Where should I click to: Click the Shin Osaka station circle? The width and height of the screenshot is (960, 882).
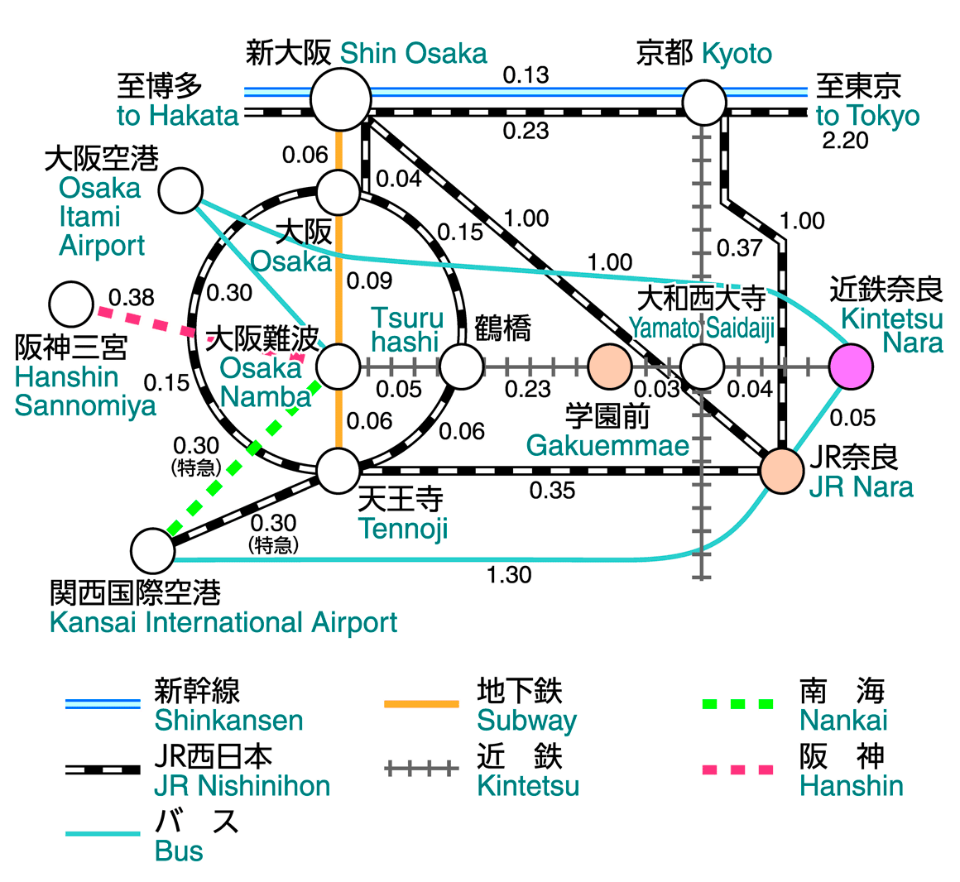341,99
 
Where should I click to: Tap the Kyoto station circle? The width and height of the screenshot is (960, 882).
704,103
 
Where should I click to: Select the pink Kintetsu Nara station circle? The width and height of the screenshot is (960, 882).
851,366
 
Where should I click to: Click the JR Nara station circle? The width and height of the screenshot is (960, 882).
782,471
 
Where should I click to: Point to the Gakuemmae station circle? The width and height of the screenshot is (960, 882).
610,367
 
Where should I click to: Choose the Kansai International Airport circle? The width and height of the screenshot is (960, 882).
153,551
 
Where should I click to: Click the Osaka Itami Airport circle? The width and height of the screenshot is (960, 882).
180,190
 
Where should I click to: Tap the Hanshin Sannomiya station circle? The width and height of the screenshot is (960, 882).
71,304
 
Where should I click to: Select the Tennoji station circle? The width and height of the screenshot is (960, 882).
338,470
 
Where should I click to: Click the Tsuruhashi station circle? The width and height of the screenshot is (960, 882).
461,366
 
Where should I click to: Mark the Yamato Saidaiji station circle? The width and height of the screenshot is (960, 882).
702,366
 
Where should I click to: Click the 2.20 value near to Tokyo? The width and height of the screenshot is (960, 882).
845,141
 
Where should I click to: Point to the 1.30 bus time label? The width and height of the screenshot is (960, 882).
509,574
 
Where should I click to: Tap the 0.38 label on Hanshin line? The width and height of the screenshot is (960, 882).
131,297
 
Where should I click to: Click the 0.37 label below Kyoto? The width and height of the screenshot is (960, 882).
739,247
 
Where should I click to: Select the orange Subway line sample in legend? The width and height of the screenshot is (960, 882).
421,704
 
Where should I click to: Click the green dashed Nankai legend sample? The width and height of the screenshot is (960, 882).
737,704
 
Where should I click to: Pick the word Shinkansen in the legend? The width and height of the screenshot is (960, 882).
228,720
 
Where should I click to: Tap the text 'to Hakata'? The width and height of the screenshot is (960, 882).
178,116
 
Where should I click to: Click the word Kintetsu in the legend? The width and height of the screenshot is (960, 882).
528,785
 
